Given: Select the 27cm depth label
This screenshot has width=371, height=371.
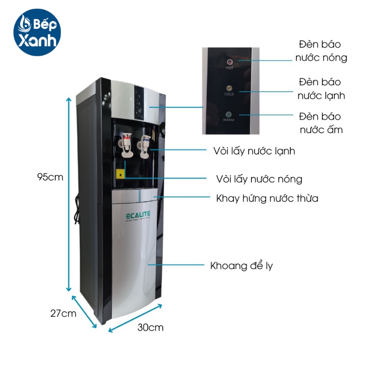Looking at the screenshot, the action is click(63, 313).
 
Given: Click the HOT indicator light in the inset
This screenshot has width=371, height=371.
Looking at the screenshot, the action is click(229, 61).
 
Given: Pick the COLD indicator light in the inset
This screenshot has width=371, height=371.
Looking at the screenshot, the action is click(229, 88).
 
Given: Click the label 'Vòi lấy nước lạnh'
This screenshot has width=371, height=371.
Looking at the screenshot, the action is click(254, 151).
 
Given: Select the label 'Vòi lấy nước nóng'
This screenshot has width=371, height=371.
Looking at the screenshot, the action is click(259, 179).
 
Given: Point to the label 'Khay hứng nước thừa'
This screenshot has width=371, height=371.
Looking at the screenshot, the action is click(267, 198).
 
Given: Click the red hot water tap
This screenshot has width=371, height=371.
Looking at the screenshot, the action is click(126, 141).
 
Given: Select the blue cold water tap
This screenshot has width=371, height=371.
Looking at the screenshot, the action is click(146, 141).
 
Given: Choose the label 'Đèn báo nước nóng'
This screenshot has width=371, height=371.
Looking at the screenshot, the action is click(320, 51).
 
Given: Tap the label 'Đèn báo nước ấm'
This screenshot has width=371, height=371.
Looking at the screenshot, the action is click(320, 122).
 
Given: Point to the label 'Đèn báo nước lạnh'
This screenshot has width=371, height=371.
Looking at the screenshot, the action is click(320, 89).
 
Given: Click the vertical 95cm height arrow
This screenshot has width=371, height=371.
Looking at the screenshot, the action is click(70, 195).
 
